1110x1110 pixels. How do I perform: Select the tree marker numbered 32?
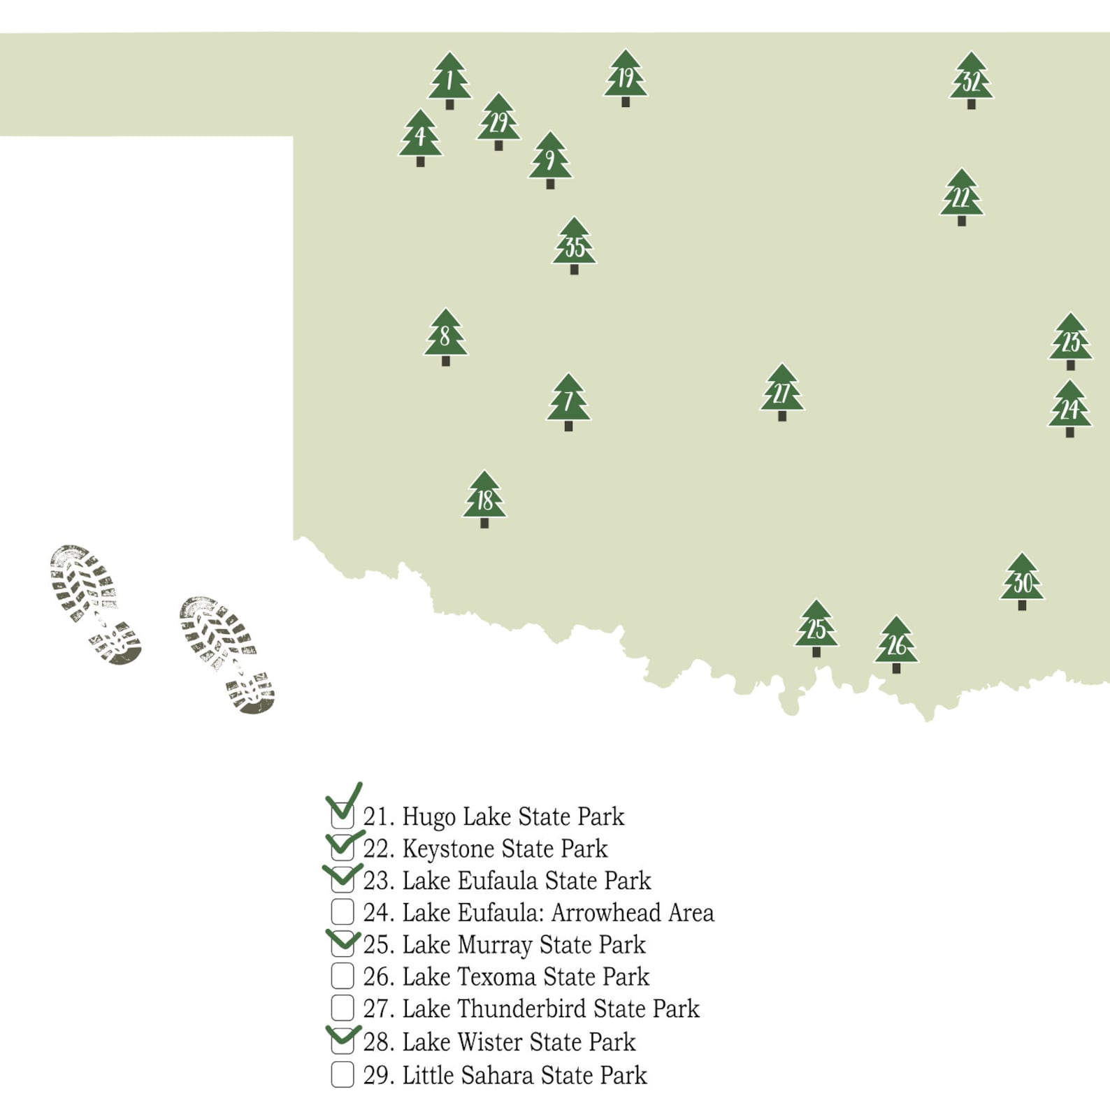pyautogui.click(x=971, y=80)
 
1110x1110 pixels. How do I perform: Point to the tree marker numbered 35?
pyautogui.click(x=574, y=245)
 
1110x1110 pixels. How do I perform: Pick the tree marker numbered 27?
pyautogui.click(x=781, y=391)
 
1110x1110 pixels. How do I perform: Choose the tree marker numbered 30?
pyautogui.click(x=1022, y=581)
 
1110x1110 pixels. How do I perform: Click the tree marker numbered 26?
pyautogui.click(x=896, y=644)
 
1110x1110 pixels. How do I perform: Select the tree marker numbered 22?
pyautogui.click(x=961, y=196)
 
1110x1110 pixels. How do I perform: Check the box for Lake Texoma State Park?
pyautogui.click(x=343, y=976)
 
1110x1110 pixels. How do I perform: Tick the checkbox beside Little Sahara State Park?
pyautogui.click(x=343, y=1074)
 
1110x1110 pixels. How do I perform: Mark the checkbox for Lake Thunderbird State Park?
pyautogui.click(x=343, y=1008)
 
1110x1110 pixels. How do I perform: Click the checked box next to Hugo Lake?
pyautogui.click(x=343, y=815)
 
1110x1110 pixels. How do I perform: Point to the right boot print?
pyautogui.click(x=226, y=654)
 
